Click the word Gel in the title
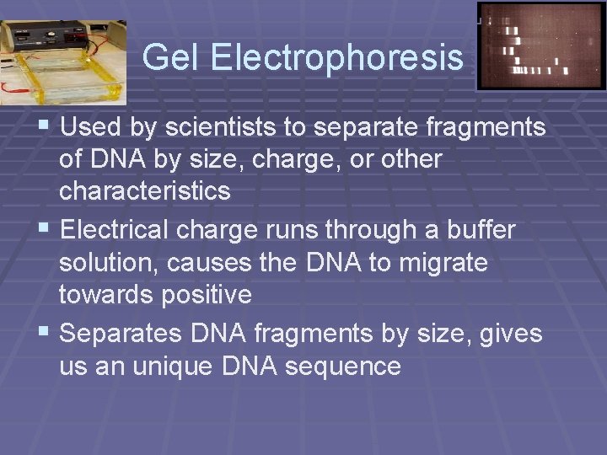[x=172, y=57]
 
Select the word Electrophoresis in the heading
[x=336, y=57]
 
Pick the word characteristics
[x=144, y=191]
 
